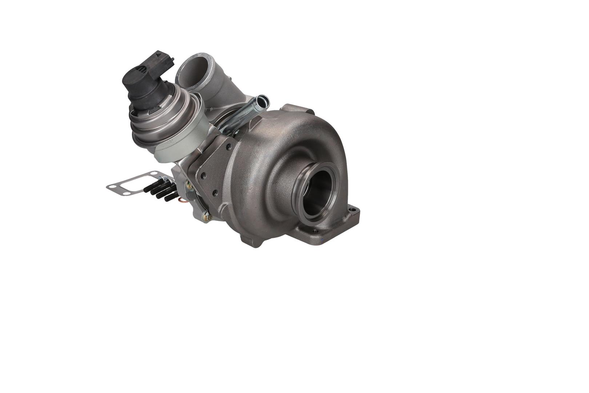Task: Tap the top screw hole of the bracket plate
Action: tap(228, 147)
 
